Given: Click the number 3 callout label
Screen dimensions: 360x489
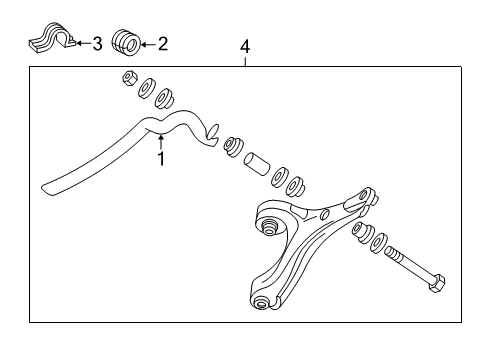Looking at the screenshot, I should (97, 44).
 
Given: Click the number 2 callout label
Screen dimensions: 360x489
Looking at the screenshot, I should (164, 44).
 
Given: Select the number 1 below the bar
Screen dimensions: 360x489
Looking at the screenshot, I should (159, 157).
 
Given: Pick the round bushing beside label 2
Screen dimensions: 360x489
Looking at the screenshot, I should (125, 42).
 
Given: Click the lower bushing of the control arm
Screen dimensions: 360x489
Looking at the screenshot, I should (262, 304).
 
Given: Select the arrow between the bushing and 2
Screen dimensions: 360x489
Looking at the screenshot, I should (148, 44).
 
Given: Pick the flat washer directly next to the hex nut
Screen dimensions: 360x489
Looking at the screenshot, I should (145, 87).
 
